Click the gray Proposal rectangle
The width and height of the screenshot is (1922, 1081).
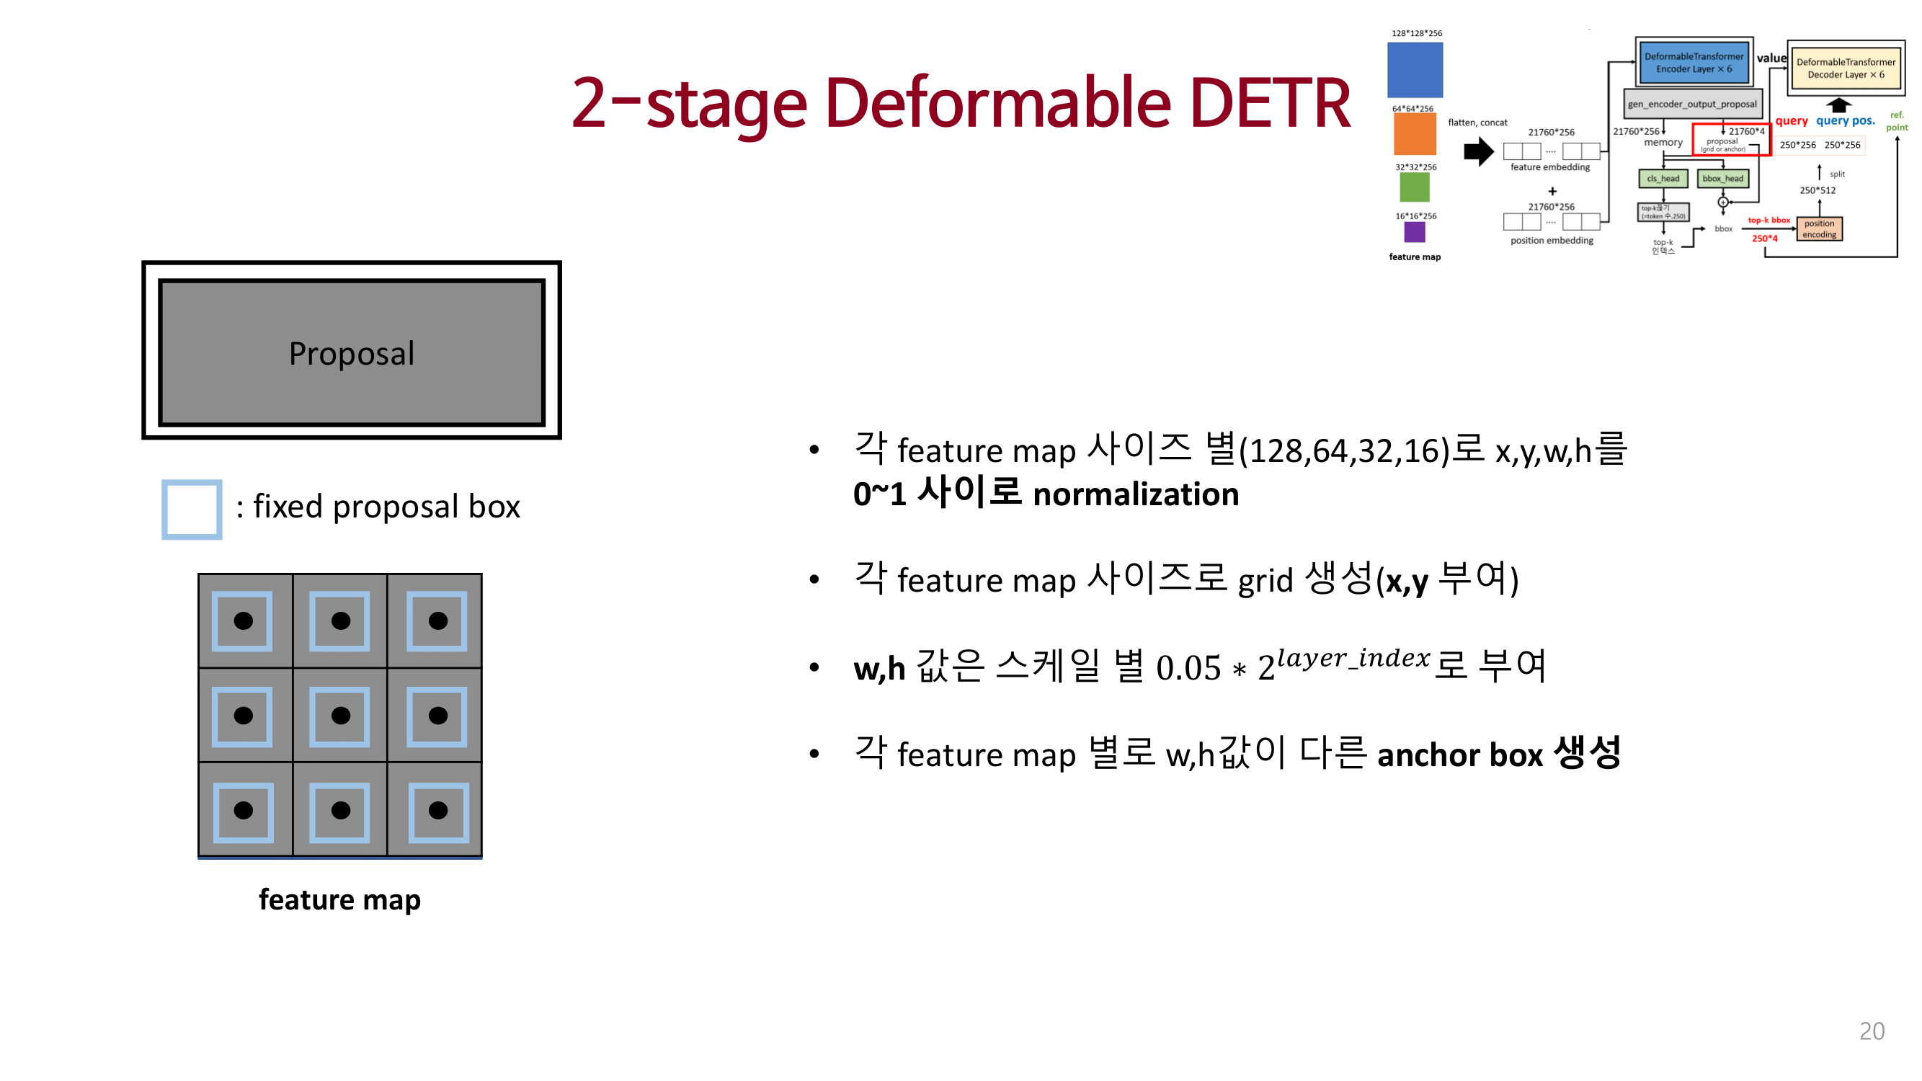point(352,352)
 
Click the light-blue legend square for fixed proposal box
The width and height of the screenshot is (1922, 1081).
point(192,510)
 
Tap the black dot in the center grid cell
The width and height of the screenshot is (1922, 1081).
point(340,716)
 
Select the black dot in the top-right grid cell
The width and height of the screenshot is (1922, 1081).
point(438,620)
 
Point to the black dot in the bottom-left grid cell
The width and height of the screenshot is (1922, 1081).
point(244,810)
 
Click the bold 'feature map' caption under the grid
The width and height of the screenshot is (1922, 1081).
point(339,899)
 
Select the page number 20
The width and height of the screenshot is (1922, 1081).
point(1872,1031)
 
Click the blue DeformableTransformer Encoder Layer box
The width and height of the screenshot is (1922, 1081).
point(1694,63)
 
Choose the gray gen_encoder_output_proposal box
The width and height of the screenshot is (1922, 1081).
point(1691,104)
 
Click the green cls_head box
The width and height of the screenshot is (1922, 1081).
point(1663,178)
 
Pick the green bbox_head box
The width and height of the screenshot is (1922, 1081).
point(1722,178)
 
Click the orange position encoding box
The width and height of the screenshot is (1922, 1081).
point(1819,229)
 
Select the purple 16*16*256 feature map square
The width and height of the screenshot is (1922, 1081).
point(1414,233)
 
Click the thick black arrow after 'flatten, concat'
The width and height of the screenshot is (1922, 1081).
point(1478,152)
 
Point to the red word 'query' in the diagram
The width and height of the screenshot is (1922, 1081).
point(1791,121)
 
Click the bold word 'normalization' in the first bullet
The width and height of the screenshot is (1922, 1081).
point(1135,494)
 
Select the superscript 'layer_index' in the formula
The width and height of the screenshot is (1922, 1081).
point(1353,658)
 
